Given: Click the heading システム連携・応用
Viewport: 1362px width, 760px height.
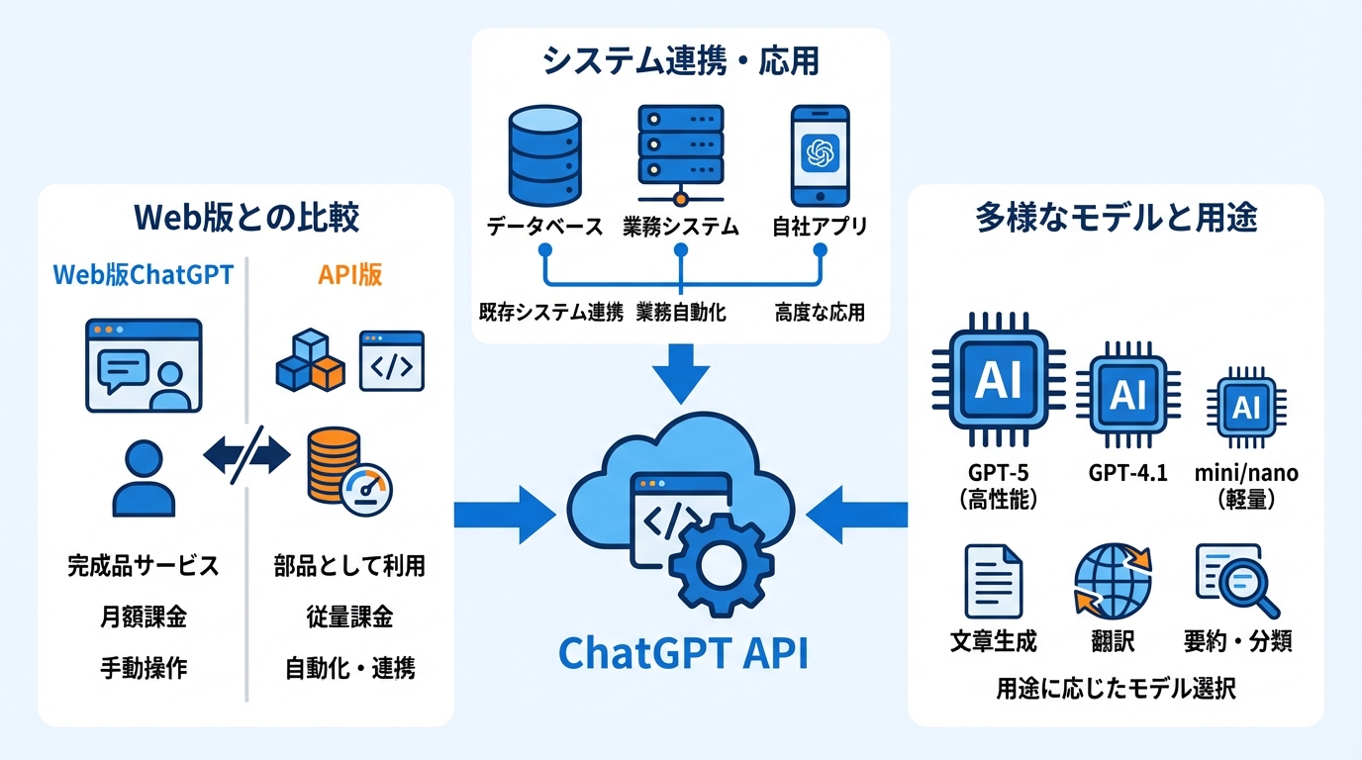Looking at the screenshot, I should pos(681,61).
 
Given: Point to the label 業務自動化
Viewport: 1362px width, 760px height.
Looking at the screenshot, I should pos(681,313).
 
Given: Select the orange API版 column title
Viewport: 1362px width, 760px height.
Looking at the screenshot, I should pos(349,275).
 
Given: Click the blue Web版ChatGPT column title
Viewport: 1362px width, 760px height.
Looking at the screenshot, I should pos(143,275).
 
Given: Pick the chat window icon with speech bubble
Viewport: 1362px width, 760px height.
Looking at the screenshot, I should pos(144,364).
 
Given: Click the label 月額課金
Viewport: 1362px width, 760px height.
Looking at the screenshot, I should pos(143,617).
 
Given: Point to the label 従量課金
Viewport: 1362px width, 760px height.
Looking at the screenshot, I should pos(349,617).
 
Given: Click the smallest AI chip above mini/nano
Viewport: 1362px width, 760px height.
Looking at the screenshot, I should pos(1246,407).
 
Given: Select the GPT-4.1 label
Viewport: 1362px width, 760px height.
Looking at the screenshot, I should pos(1127,473).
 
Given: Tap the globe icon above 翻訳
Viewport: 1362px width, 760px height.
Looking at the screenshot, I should pos(1114,580).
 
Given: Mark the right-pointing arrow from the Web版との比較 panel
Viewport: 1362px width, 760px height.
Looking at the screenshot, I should pos(505,515).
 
